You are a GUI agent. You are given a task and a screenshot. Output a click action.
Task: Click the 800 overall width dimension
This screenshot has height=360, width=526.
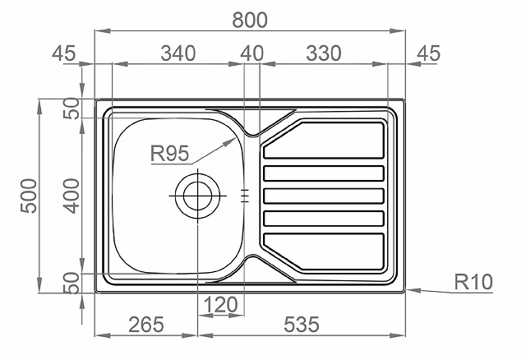tap(250, 20)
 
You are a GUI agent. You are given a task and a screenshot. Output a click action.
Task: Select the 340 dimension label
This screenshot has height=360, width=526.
tap(178, 53)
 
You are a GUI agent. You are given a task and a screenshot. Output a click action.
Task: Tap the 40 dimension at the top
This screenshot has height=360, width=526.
tap(252, 53)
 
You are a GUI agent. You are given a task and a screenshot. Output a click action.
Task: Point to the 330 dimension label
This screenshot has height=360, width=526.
tap(324, 53)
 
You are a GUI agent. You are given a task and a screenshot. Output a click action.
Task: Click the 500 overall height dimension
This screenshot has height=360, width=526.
tap(29, 196)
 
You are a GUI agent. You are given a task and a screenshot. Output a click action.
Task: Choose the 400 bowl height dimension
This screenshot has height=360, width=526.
tap(72, 196)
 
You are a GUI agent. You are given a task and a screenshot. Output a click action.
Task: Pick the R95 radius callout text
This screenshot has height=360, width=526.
tap(169, 154)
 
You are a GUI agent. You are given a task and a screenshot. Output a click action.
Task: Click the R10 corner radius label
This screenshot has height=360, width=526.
tap(473, 282)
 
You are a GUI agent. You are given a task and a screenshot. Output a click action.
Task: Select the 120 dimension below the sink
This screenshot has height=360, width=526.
tap(220, 305)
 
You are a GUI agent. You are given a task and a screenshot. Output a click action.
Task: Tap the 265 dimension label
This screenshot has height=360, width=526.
tap(146, 325)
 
